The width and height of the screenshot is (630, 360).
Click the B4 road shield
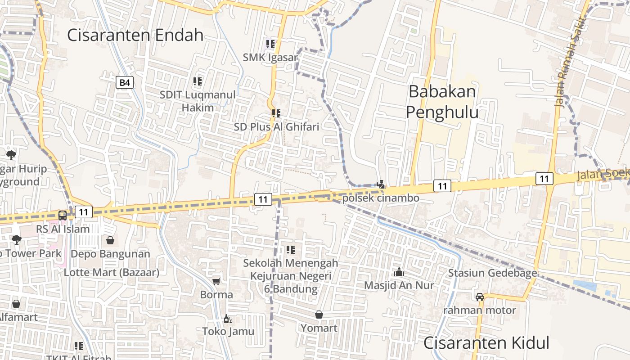click(x=125, y=82)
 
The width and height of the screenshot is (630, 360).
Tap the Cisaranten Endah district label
click(x=135, y=35)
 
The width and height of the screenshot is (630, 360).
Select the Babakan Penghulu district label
click(x=442, y=102)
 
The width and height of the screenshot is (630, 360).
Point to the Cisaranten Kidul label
click(x=486, y=343)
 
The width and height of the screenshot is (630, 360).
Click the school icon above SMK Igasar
click(x=270, y=44)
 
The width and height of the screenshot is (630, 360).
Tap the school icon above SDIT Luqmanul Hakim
click(x=198, y=81)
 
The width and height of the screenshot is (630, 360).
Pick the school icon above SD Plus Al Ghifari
click(x=276, y=113)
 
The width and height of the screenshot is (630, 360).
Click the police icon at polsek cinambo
click(x=381, y=184)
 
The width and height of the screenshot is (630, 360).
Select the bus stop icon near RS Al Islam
click(x=63, y=215)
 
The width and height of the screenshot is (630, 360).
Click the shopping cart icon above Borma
click(x=216, y=281)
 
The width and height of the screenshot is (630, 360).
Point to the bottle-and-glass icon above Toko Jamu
click(x=228, y=319)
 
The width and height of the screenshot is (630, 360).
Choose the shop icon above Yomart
click(x=319, y=314)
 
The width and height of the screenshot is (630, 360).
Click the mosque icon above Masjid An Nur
click(x=399, y=272)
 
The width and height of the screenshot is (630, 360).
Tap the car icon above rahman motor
click(x=480, y=297)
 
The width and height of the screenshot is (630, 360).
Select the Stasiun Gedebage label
click(x=492, y=273)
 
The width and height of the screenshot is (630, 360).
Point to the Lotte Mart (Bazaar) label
click(x=112, y=272)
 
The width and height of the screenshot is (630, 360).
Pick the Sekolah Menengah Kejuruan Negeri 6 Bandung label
click(x=291, y=275)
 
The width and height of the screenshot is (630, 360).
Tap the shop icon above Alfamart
click(x=16, y=304)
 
